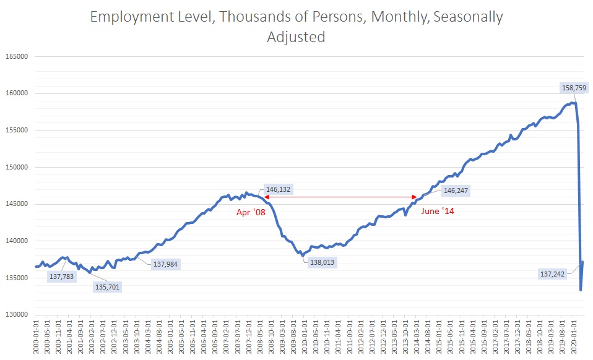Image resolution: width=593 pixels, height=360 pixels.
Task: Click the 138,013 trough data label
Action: [x=320, y=262]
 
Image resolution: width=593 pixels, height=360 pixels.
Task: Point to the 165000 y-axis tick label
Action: [x=18, y=56]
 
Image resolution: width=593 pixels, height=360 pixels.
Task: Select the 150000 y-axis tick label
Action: [x=18, y=167]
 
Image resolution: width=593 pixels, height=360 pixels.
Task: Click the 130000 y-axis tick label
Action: [x=18, y=315]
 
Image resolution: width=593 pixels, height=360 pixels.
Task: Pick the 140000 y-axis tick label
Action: [x=18, y=241]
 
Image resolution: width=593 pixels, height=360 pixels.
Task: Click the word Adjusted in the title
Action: [x=296, y=37]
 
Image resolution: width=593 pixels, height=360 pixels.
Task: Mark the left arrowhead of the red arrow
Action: [x=266, y=197]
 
